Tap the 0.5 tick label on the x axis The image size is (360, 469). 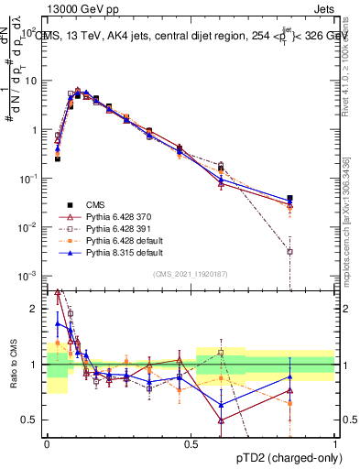[191, 443]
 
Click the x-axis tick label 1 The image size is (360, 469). [334, 443]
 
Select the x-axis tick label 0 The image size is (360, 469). [47, 443]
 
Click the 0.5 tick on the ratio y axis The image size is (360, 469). [32, 420]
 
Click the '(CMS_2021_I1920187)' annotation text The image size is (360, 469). [191, 273]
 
